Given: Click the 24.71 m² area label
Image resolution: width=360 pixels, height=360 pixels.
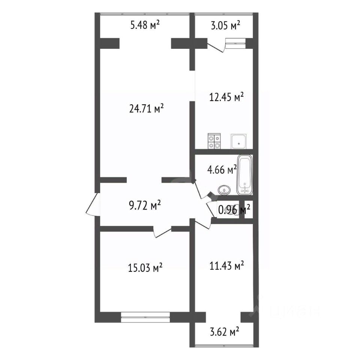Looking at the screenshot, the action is [x=146, y=109].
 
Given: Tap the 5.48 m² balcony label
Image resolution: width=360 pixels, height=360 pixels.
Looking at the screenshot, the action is [x=145, y=25].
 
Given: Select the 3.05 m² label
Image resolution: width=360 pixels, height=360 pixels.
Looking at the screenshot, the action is [x=225, y=25].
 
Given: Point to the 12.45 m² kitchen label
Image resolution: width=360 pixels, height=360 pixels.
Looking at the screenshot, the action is [x=226, y=97].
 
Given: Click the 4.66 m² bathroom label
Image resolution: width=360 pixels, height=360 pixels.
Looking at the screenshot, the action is [x=222, y=170].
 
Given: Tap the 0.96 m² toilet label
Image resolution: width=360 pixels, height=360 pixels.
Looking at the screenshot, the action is [x=234, y=210].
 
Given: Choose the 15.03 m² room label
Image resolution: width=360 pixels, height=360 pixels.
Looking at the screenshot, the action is [x=145, y=268].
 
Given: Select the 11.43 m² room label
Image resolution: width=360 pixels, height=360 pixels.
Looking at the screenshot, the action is [x=226, y=266].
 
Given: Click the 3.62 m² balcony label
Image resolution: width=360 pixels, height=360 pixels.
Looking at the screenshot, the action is [x=225, y=332].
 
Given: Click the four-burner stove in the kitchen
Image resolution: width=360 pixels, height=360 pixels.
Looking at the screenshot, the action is [x=214, y=141].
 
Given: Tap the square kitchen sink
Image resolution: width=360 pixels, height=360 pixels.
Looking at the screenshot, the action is [x=239, y=141].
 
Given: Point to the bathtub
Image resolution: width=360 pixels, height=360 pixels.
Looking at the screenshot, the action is [x=245, y=175].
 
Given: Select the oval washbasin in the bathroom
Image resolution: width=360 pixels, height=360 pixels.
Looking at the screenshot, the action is [x=224, y=190].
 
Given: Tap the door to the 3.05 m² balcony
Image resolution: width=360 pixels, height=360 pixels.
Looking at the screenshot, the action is [x=216, y=47].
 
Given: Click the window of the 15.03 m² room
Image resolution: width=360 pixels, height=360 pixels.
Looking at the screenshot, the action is [x=145, y=317].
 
